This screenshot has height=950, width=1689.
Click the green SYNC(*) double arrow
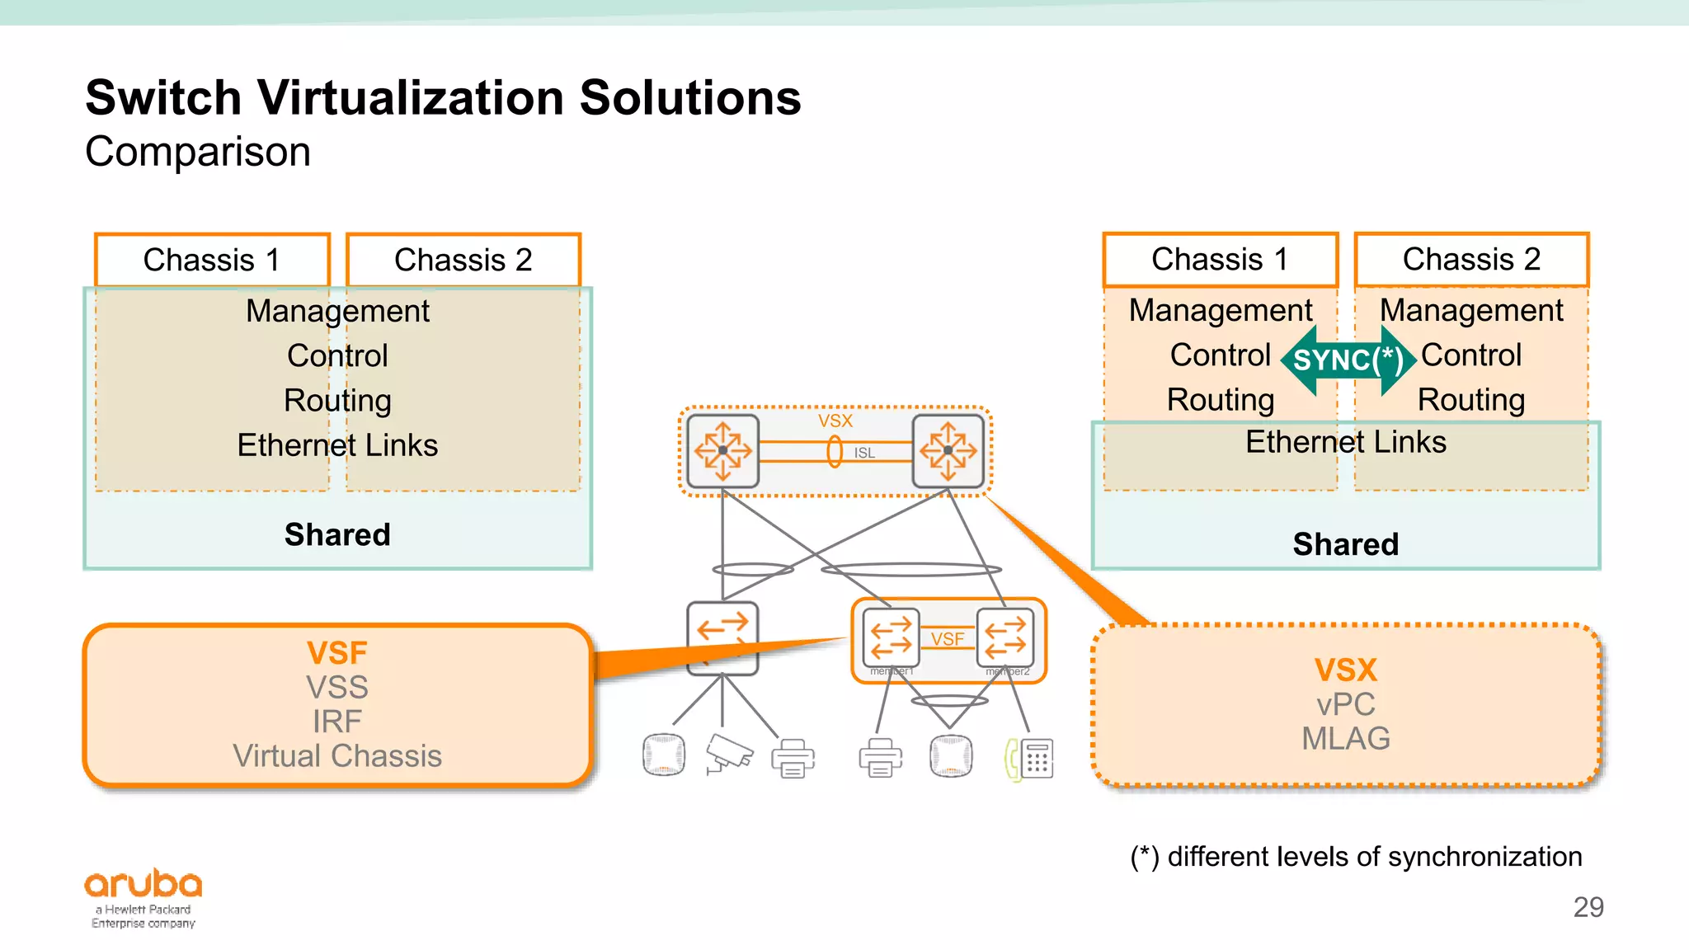(x=1348, y=360)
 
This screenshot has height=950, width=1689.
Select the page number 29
(x=1588, y=907)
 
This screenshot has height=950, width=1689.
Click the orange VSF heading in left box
(x=336, y=653)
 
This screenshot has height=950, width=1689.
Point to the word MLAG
(x=1345, y=739)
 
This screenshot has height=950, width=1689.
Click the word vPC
(x=1345, y=705)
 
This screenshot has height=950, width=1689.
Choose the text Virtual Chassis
(x=336, y=756)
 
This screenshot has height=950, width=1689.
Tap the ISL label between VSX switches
(x=863, y=453)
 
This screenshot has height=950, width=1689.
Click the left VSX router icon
(x=722, y=450)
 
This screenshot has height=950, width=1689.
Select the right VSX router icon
(x=948, y=450)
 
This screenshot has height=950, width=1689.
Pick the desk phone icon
(x=1030, y=758)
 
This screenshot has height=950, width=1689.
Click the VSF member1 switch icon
(x=891, y=638)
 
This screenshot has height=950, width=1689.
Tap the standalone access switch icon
(x=722, y=638)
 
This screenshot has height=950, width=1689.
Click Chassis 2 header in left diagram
(x=463, y=260)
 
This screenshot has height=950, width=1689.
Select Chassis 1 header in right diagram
(x=1220, y=259)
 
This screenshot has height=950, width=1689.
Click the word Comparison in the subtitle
(x=198, y=152)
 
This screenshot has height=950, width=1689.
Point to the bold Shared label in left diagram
(x=336, y=534)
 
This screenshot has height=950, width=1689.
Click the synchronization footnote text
(x=1356, y=857)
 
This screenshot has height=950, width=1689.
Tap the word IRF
(x=336, y=722)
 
